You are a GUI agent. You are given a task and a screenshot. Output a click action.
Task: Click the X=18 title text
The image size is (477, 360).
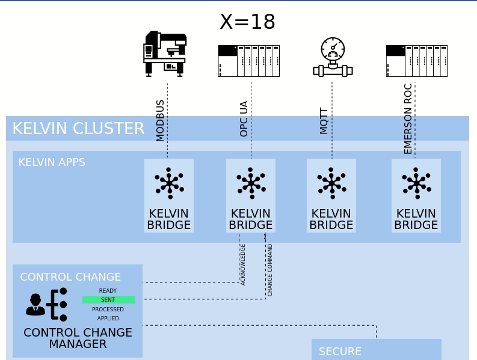point(247,22)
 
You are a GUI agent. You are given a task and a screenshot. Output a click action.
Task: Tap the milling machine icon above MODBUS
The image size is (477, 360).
point(165,54)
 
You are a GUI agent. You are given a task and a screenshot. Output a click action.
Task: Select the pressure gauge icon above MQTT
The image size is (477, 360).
point(333,58)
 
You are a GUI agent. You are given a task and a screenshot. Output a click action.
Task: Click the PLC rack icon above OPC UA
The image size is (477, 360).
point(248,61)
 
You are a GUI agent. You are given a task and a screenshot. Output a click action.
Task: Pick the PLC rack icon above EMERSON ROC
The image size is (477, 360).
point(416,61)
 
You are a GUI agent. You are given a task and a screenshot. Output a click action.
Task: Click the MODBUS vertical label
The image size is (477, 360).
point(160,121)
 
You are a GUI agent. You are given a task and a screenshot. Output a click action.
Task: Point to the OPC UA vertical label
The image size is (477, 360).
point(244,119)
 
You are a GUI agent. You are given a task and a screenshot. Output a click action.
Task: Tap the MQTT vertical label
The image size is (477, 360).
point(324,121)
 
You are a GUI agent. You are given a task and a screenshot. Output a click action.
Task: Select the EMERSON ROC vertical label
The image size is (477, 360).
point(408,119)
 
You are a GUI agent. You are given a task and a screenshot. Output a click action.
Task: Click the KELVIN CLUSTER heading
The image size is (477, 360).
point(78,129)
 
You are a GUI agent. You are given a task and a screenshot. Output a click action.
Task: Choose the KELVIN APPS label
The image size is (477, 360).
point(52,162)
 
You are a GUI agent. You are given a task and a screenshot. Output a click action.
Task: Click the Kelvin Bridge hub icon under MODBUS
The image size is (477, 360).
point(169,183)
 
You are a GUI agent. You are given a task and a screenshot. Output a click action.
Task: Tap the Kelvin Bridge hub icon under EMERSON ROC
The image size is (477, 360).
point(416,183)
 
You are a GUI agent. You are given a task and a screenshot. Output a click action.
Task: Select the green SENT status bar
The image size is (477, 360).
point(108,300)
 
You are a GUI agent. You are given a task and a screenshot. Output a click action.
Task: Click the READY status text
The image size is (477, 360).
point(108,291)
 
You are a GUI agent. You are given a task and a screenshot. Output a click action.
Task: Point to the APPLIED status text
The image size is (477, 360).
point(108,319)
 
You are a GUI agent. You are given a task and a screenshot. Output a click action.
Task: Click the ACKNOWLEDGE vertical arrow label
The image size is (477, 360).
point(243,264)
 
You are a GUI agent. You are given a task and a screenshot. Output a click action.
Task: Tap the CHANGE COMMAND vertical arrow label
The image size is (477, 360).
point(270,270)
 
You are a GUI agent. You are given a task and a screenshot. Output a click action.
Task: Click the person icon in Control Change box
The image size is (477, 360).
point(35,305)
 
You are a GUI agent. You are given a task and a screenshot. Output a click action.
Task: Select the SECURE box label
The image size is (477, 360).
point(340,352)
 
